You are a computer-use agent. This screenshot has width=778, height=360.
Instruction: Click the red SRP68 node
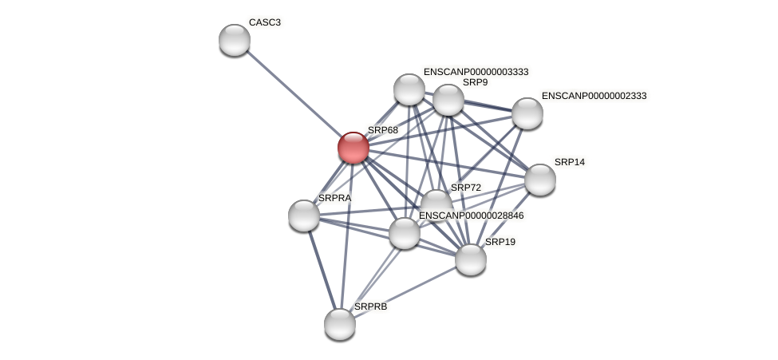tap(353, 148)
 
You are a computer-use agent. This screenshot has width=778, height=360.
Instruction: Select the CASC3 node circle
tap(235, 40)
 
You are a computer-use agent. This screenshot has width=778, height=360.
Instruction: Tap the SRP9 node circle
tap(448, 100)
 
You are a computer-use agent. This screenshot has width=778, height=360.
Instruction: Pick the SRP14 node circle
tap(539, 180)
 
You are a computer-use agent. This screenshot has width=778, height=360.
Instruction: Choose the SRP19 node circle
tap(470, 259)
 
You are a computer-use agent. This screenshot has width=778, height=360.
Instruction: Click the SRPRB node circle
tap(340, 323)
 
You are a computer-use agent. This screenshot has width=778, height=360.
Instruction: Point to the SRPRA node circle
tap(304, 216)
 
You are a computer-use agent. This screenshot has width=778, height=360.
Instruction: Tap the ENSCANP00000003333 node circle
tap(409, 89)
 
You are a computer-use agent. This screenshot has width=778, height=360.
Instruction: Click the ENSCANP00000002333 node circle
tap(527, 113)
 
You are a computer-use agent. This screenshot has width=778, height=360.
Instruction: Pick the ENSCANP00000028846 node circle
tap(405, 233)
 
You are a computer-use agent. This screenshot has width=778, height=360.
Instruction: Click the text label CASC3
tap(264, 22)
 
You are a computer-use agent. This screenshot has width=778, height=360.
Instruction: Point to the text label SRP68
tap(382, 130)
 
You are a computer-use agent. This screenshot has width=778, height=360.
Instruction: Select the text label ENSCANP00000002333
tap(594, 96)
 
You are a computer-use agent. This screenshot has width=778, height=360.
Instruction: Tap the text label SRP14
tap(569, 162)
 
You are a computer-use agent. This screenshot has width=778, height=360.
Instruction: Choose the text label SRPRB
tap(370, 307)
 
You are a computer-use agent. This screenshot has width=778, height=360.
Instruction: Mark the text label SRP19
tap(500, 242)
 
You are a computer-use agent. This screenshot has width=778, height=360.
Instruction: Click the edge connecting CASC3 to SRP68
tap(294, 94)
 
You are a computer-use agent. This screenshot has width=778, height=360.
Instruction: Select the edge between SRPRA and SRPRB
tap(322, 269)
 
